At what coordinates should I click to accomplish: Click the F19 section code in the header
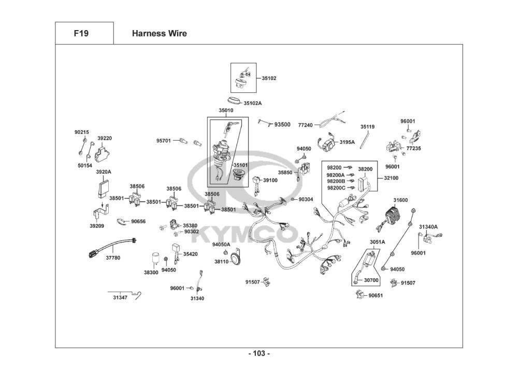tap(81, 34)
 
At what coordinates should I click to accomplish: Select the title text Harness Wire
tap(159, 34)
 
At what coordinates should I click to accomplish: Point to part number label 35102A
tap(253, 103)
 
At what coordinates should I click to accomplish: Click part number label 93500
tap(282, 125)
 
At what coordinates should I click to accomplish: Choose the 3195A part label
tap(347, 142)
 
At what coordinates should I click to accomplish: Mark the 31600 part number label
tap(400, 200)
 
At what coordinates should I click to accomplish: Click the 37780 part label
tap(113, 257)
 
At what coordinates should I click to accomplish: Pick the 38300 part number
tap(151, 273)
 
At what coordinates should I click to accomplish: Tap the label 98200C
tap(336, 188)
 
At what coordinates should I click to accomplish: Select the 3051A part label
tap(377, 242)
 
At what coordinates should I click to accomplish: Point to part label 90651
tap(376, 295)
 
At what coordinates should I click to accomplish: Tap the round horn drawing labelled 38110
tap(236, 257)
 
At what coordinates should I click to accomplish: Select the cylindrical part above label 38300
tap(154, 259)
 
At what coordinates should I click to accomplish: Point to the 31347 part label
tap(120, 297)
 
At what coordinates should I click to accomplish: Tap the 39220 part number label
tap(105, 139)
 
